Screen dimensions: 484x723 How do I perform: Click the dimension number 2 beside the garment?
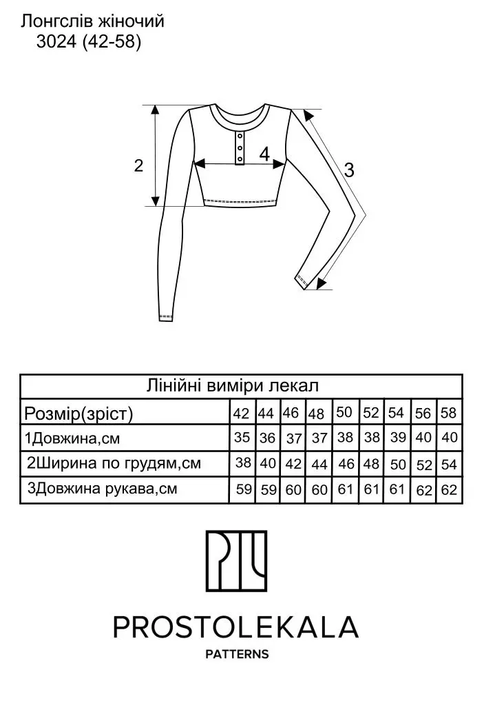click(138, 165)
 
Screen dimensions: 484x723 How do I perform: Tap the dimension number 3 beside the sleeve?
click(349, 170)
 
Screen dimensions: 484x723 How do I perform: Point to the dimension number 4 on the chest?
click(264, 154)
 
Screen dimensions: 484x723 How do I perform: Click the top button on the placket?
click(240, 135)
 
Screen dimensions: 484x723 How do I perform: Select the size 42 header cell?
click(241, 413)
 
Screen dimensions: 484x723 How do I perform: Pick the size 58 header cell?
click(448, 412)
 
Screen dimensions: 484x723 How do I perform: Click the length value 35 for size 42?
click(242, 437)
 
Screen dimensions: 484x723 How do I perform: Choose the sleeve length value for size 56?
click(423, 490)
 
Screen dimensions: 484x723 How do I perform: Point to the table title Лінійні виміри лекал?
click(233, 385)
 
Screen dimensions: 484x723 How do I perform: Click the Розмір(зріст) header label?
click(78, 414)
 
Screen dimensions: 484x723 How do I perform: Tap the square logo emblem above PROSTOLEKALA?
click(236, 561)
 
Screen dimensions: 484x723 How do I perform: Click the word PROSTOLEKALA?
click(235, 627)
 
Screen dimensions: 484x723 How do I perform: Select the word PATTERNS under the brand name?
click(237, 654)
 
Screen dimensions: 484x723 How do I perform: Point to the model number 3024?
click(56, 42)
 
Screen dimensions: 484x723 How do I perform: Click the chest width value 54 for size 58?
click(448, 464)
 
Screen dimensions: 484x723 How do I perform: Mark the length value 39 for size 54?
click(398, 437)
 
